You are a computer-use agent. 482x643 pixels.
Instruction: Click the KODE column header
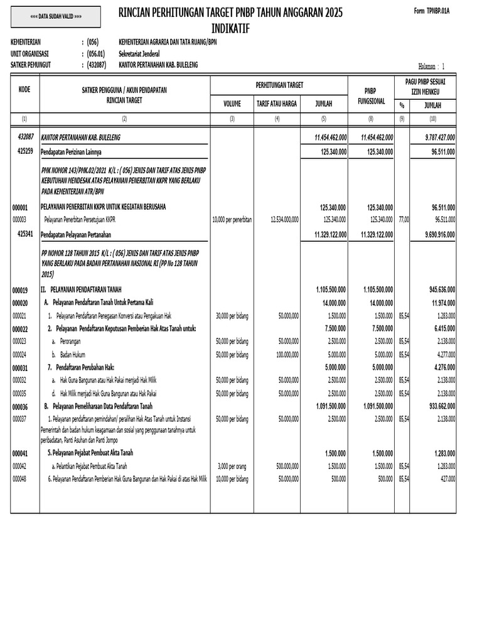click(x=24, y=89)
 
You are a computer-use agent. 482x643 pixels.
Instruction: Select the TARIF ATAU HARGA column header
click(x=276, y=104)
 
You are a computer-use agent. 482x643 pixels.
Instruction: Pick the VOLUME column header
click(x=232, y=104)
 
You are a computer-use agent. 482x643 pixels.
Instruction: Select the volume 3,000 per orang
click(x=232, y=466)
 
